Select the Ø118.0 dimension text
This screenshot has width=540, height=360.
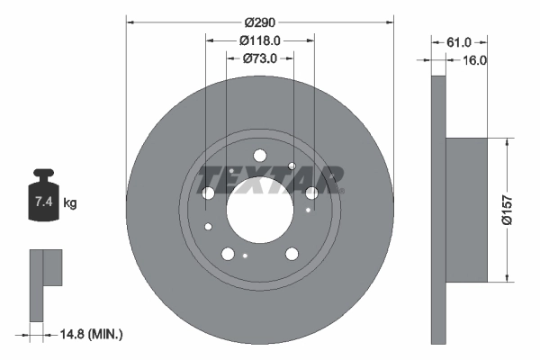tap(260, 40)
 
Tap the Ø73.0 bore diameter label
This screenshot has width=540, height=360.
tap(260, 58)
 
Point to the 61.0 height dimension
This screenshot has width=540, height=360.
tap(459, 41)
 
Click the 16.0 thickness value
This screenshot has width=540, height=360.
tap(473, 60)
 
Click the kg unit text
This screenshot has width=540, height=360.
tap(70, 203)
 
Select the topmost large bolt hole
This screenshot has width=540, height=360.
tap(259, 155)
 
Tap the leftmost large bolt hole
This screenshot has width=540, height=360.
tap(209, 193)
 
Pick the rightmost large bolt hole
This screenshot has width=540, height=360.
tap(311, 193)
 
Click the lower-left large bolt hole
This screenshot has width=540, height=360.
tap(228, 254)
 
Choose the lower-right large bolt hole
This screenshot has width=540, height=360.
tap(292, 254)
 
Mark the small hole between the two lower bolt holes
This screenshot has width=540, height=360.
tap(246, 256)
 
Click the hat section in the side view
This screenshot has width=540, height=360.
tap(467, 209)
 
